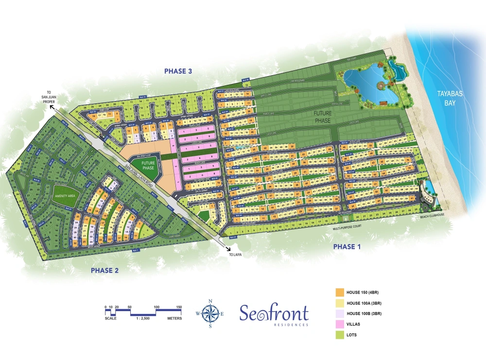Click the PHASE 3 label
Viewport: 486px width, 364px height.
178,71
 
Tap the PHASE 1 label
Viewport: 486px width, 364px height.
347,247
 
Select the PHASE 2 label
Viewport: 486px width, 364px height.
104,271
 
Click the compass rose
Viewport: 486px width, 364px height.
210,314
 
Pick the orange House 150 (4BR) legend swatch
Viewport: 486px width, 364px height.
340,292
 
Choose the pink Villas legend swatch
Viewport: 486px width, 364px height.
340,323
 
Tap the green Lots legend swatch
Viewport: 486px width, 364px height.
340,334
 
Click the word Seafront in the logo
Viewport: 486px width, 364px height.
274,313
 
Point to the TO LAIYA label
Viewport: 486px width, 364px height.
235,253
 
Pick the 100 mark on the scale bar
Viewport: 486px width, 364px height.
157,307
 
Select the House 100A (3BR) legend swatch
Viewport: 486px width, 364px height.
340,303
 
